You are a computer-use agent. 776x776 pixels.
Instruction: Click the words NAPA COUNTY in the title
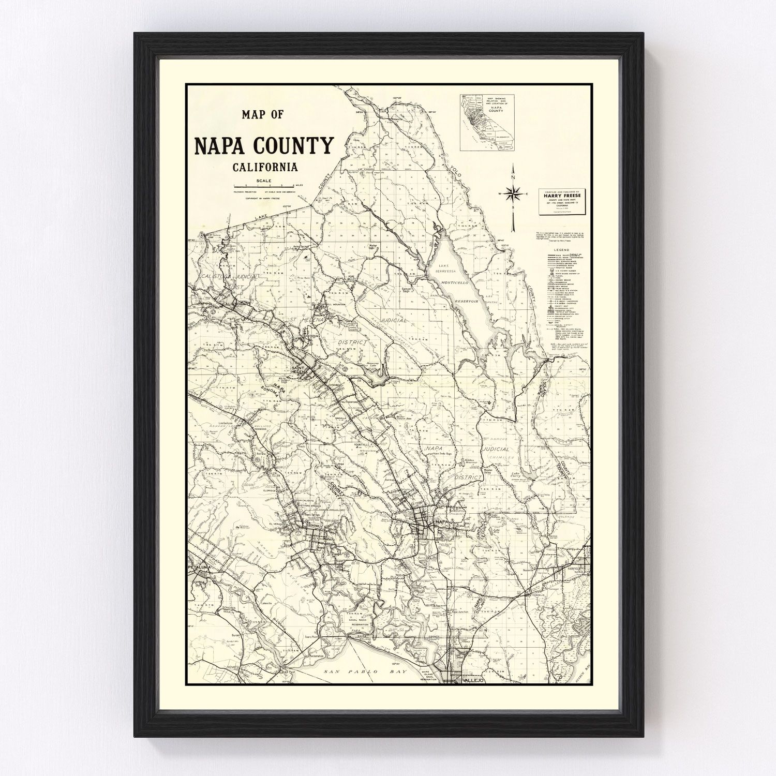[x=263, y=146]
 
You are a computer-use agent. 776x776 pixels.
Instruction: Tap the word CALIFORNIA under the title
[x=265, y=167]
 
